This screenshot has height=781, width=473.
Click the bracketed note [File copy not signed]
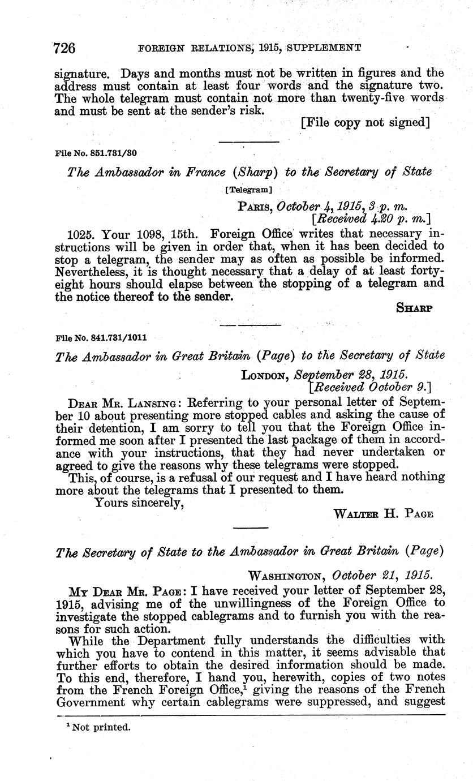tap(365, 122)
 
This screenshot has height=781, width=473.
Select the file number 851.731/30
tap(96, 153)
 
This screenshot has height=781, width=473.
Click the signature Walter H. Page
tap(384, 514)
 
